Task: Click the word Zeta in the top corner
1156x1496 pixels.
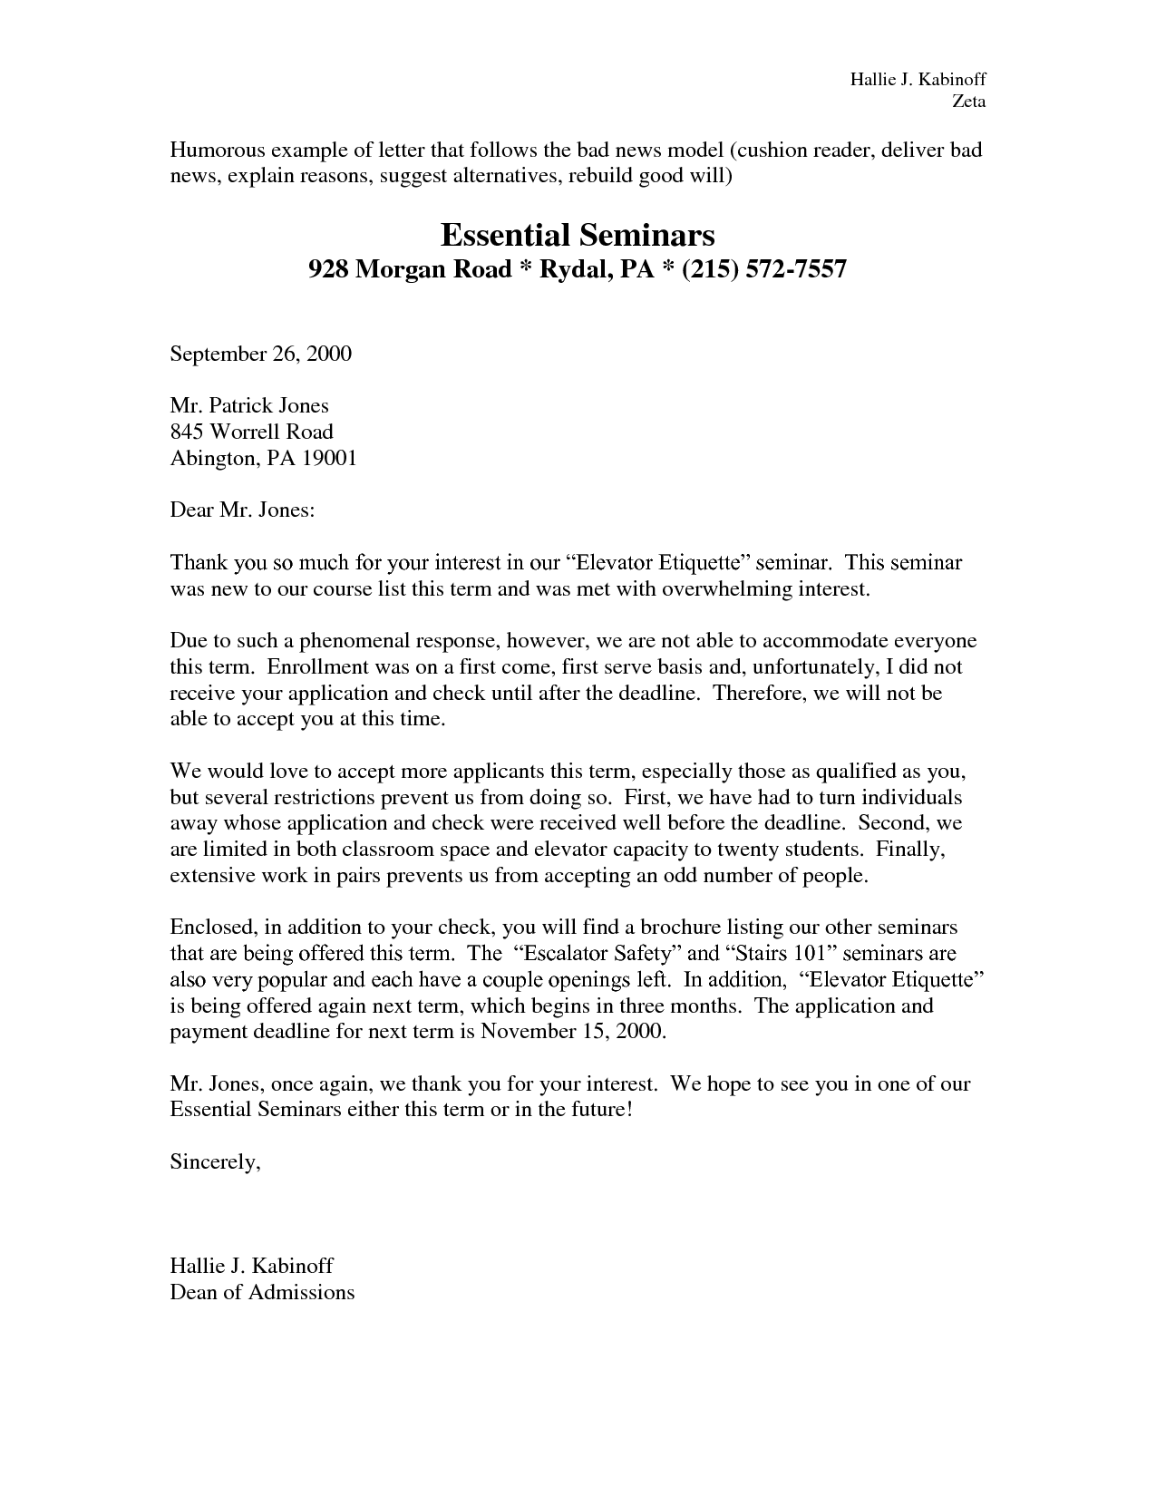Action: click(967, 102)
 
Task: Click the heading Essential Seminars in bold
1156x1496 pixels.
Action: click(578, 236)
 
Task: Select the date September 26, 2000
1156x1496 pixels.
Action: click(260, 354)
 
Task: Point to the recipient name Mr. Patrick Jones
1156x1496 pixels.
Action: click(249, 405)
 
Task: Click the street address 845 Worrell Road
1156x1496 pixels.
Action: click(251, 432)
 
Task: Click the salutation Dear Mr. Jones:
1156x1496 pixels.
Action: click(242, 510)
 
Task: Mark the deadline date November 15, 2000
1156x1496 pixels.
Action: click(573, 1032)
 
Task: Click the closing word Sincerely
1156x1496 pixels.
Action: click(215, 1162)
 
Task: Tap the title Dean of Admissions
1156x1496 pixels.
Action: click(262, 1292)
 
